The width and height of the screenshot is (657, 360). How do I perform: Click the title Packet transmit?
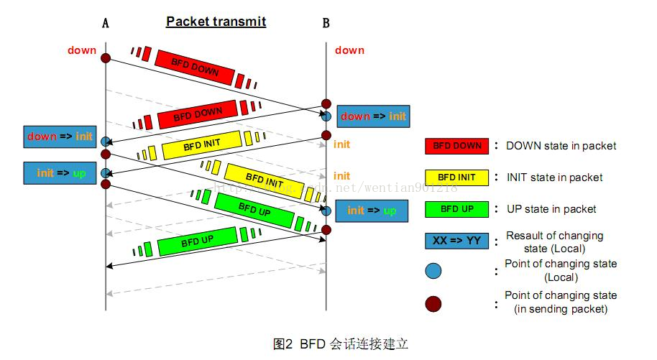(216, 22)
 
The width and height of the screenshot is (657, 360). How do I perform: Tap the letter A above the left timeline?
(106, 23)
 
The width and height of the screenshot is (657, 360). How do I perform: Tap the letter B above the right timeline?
(326, 23)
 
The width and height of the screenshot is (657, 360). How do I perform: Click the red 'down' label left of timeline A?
(82, 50)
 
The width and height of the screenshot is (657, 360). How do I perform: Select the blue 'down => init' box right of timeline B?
(372, 116)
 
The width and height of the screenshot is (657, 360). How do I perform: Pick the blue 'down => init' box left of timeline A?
(60, 136)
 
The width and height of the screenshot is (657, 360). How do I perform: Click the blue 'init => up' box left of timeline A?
(60, 173)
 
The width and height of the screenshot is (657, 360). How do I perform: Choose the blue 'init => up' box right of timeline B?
(372, 211)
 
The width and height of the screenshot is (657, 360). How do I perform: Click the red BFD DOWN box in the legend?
(456, 146)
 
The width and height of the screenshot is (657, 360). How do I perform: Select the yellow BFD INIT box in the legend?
(456, 177)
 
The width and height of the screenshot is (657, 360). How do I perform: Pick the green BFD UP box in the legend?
(456, 209)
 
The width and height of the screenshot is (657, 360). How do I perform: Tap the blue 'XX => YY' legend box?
(456, 241)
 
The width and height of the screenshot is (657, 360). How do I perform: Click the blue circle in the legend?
(433, 271)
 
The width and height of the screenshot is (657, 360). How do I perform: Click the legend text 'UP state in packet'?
(551, 209)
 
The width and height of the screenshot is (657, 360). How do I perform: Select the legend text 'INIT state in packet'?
(554, 177)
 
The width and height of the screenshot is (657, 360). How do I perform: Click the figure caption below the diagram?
(341, 343)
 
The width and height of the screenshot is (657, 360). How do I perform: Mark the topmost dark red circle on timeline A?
(106, 58)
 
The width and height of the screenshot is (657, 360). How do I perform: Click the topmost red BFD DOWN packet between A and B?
(196, 67)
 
